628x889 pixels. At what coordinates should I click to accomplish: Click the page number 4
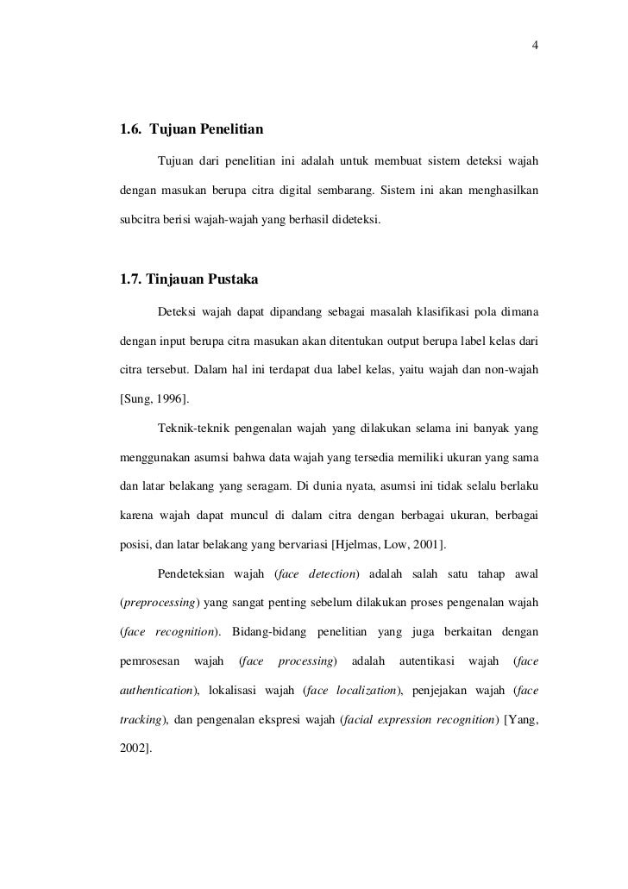click(x=536, y=46)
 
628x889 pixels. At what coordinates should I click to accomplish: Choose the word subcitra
click(x=139, y=221)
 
